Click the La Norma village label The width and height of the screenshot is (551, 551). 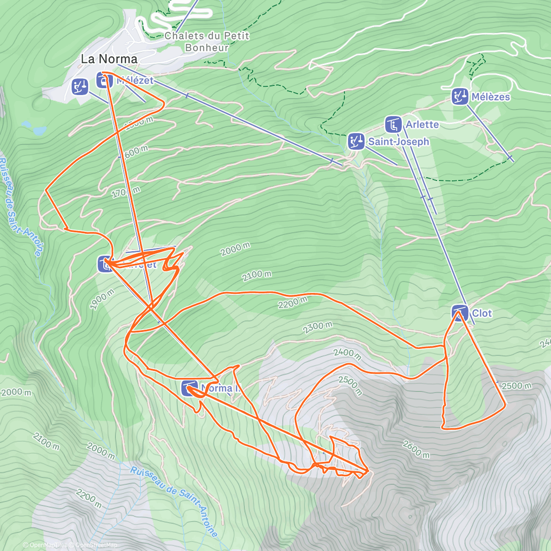109,59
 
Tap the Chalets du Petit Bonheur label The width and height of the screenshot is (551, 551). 207,41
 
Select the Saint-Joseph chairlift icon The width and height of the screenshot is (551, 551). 355,141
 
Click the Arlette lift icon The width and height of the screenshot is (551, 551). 393,124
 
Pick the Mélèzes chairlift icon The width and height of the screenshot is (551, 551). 459,96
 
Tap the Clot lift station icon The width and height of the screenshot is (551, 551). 460,313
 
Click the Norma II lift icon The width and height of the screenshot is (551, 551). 190,388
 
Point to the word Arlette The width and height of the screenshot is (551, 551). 422,124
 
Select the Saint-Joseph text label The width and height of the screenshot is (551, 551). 398,141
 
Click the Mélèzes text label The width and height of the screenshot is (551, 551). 490,97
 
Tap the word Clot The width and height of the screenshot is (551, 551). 482,313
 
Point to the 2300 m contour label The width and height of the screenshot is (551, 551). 317,327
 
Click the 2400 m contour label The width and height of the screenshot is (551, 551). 347,354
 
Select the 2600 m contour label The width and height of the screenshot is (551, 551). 416,449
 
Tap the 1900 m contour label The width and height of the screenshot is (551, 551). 102,300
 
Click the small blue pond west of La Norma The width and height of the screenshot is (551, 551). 39,130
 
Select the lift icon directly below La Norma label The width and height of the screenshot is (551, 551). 105,80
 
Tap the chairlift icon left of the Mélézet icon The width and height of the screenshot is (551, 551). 80,86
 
